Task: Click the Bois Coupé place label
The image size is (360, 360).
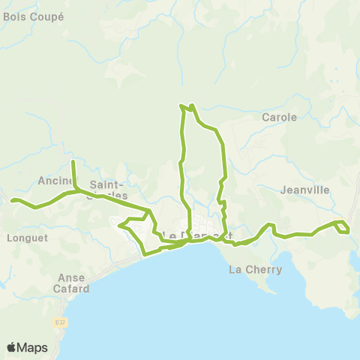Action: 34,16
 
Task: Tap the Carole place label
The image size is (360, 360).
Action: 280,117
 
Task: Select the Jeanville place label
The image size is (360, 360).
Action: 304,190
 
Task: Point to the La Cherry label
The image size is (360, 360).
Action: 255,269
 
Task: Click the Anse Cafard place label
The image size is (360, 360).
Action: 73,283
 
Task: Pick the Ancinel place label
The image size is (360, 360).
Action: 54,180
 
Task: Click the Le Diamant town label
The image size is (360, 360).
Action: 191,235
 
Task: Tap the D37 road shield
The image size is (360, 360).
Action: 60,322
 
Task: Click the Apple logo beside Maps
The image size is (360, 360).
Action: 12,347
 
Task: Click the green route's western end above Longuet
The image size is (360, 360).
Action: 12,199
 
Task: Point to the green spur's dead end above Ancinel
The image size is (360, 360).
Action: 73,162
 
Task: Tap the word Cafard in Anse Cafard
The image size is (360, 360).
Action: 73,288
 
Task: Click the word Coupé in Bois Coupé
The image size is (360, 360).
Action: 46,16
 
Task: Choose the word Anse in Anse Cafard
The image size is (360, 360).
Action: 72,277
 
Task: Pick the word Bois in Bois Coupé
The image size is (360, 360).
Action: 14,16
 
